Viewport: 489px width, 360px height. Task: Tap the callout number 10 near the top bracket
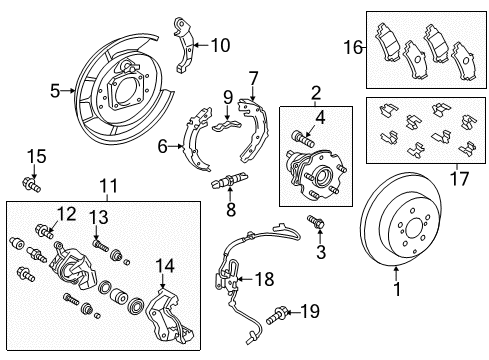point(220,44)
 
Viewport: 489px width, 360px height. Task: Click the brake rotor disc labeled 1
point(410,229)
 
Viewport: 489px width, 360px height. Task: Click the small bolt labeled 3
point(318,222)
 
